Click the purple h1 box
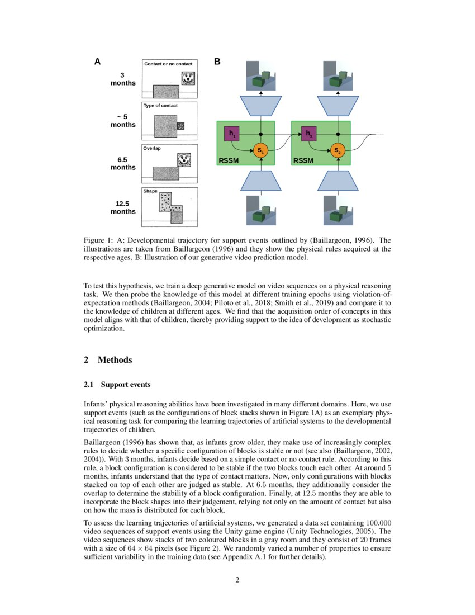pos(231,134)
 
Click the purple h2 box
pos(308,134)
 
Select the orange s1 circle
pos(261,150)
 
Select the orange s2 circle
pos(338,150)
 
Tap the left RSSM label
pos(229,160)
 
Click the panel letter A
pos(97,61)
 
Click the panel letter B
pos(217,61)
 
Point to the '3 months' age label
pos(123,79)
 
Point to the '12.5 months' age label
pos(123,207)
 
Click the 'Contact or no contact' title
pos(168,64)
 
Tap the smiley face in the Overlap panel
pos(184,160)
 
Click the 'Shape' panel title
pos(150,191)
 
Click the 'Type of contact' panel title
pos(160,105)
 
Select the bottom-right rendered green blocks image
pos(338,210)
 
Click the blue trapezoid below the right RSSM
pos(338,181)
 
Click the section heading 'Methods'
pos(115,360)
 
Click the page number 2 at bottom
pos(237,580)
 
